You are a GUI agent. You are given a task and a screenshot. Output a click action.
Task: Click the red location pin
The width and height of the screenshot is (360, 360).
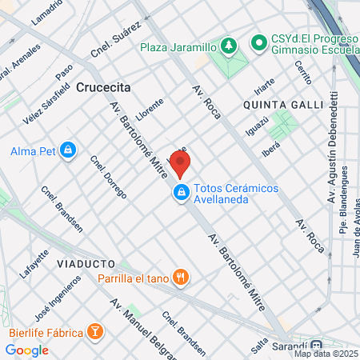[x=181, y=164]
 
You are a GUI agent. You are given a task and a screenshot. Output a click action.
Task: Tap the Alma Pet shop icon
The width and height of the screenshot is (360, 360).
[x=68, y=150]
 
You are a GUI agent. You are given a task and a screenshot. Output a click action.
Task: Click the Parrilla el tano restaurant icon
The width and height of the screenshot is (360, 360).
[x=182, y=278]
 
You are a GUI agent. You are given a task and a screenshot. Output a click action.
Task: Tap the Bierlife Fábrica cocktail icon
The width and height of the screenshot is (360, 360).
[x=95, y=331]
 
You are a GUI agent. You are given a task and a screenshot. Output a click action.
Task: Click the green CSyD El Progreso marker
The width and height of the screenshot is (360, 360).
[x=258, y=41]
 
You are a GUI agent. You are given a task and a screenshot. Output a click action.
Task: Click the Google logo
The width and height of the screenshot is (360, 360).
[x=26, y=350]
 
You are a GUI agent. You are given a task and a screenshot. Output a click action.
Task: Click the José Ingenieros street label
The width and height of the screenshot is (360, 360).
[x=62, y=298]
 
